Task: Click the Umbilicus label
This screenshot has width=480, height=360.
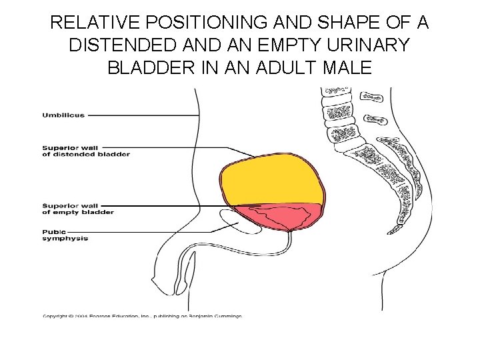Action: coord(64,115)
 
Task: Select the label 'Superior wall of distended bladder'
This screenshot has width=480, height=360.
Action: coord(86,151)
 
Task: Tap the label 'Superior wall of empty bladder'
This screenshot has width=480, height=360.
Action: coord(78,209)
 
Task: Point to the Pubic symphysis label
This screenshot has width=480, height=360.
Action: coord(65,235)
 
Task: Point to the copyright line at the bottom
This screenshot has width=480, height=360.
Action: coord(142,316)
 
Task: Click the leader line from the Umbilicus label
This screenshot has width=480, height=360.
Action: coord(143,115)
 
